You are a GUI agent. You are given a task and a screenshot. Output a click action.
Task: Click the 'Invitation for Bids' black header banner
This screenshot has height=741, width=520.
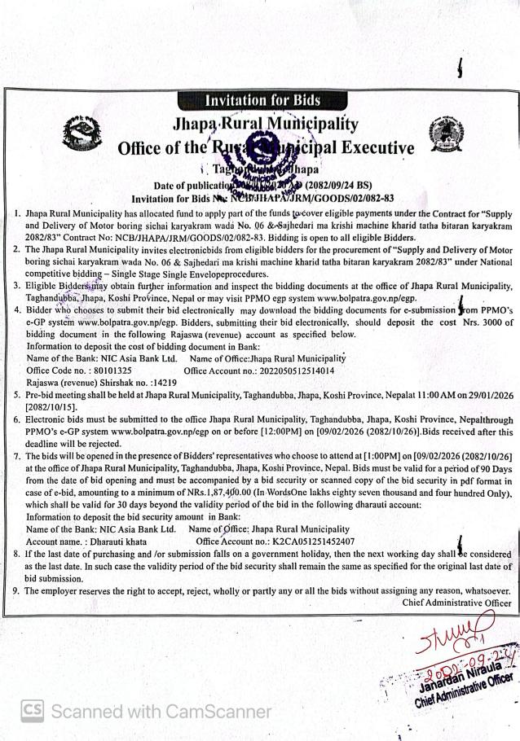[262, 100]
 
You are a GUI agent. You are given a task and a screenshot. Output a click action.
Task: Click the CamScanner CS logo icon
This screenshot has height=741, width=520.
[32, 710]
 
